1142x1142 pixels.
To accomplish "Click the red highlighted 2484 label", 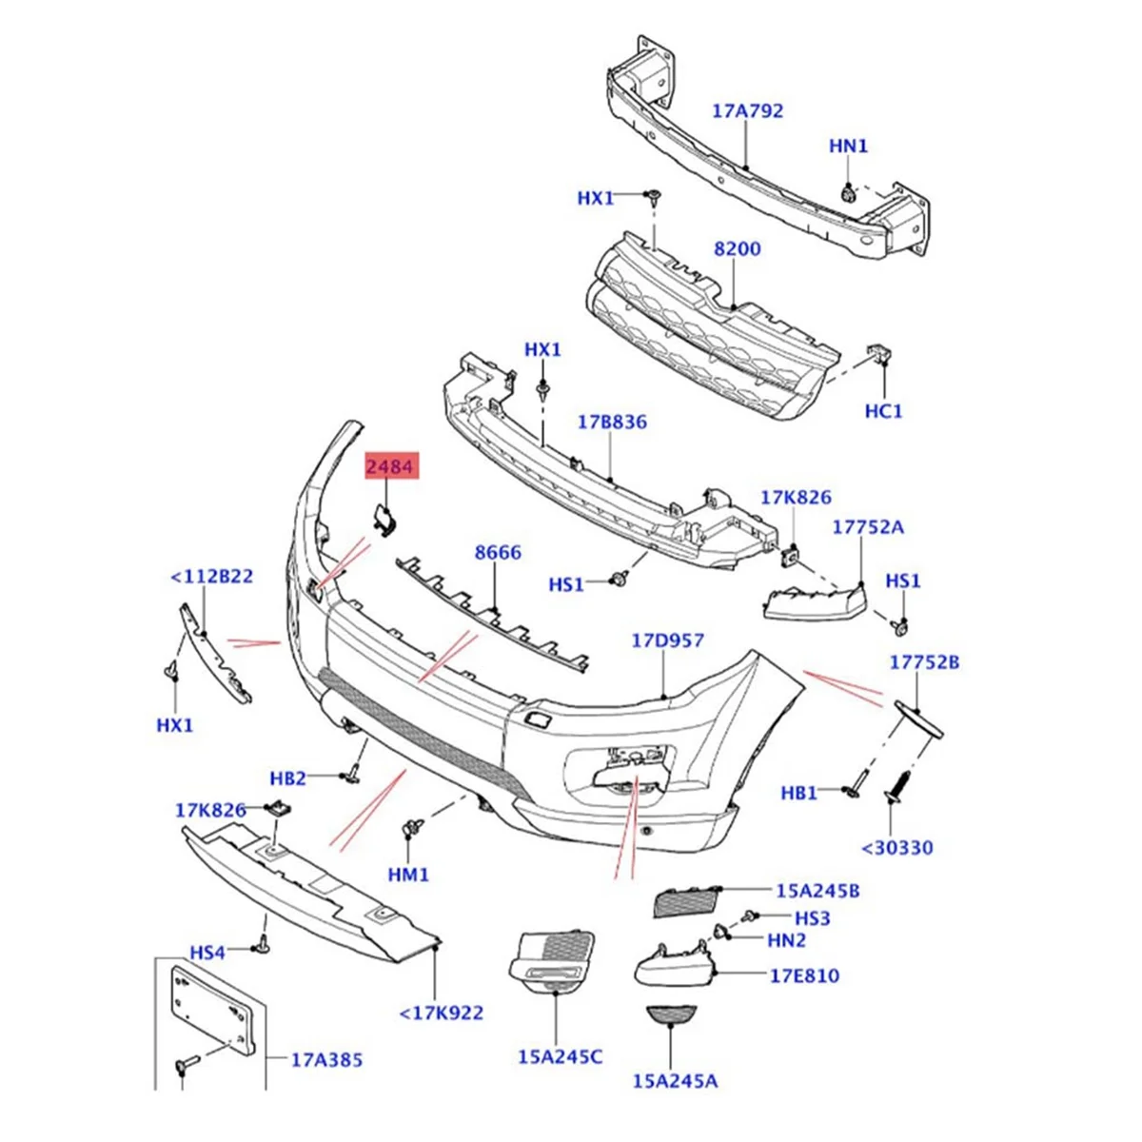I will pos(391,467).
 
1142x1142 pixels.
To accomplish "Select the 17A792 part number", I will pos(747,110).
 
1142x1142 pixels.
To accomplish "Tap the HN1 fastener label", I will pos(849,146).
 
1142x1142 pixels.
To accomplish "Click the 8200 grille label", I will pos(737,248).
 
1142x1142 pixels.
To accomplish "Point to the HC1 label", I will pos(883,411).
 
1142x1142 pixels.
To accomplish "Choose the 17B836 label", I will pos(613,421).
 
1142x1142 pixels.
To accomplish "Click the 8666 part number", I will pos(498,552).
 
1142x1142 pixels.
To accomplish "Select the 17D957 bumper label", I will pos(668,640).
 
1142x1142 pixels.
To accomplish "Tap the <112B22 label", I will pos(211,576).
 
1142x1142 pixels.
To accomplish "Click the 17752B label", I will pos(925,662).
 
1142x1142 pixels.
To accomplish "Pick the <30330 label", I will pos(897,847).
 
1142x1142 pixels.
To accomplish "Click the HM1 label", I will pos(409,874).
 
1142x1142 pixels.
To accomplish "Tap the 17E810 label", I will pos(804,975).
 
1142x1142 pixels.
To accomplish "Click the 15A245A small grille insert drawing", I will pos(670,1017).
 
